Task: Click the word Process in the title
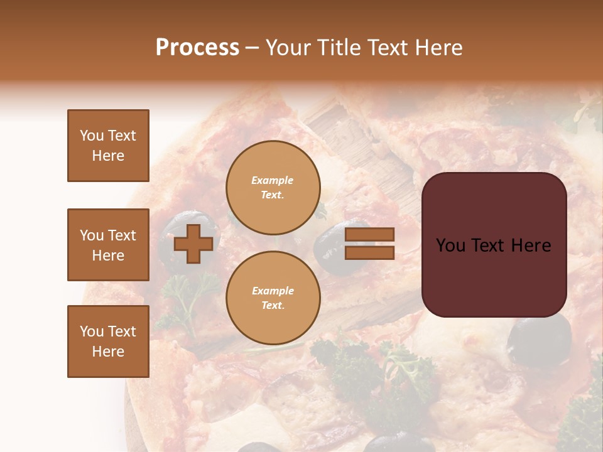tap(197, 48)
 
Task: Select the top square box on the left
tap(108, 146)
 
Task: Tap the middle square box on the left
tap(108, 245)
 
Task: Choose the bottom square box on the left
tap(108, 341)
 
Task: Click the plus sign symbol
tap(193, 244)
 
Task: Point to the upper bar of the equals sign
tap(370, 235)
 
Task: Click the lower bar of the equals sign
tap(370, 252)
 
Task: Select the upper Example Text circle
tap(273, 188)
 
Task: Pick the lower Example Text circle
tap(273, 298)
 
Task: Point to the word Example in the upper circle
tap(272, 180)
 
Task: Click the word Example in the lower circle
tap(273, 291)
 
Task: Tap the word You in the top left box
tap(92, 136)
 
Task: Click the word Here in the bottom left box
tap(108, 352)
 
